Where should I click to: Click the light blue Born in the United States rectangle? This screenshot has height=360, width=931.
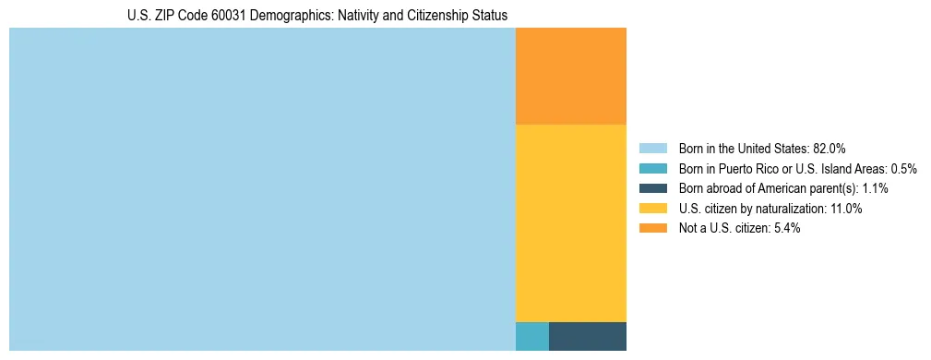pyautogui.click(x=262, y=189)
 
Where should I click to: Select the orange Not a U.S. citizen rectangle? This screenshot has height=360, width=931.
pyautogui.click(x=570, y=76)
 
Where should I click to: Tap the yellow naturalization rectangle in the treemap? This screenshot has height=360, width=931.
pyautogui.click(x=570, y=222)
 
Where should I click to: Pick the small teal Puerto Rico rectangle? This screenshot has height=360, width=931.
pyautogui.click(x=531, y=336)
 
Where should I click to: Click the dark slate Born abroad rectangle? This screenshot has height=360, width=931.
pyautogui.click(x=587, y=336)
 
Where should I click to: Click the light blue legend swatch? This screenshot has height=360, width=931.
pyautogui.click(x=652, y=148)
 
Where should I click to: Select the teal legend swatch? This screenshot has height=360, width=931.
pyautogui.click(x=652, y=168)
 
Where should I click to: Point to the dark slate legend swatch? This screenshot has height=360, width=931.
pyautogui.click(x=652, y=188)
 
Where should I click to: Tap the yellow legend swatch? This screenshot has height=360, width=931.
pyautogui.click(x=652, y=209)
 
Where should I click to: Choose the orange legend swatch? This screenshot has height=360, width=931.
pyautogui.click(x=652, y=229)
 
